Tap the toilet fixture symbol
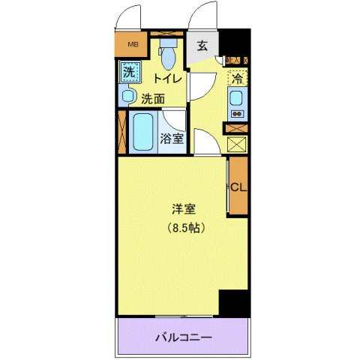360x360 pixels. pos(169,53)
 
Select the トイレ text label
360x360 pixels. pos(168,78)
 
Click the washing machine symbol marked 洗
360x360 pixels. pos(128,74)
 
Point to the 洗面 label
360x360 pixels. pos(153,97)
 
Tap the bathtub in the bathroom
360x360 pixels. pos(144,132)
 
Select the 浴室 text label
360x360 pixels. pos(172,139)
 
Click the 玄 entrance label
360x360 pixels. pos(202,46)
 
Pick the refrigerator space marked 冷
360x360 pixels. pos(237,78)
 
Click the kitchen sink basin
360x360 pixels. pos(236,97)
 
